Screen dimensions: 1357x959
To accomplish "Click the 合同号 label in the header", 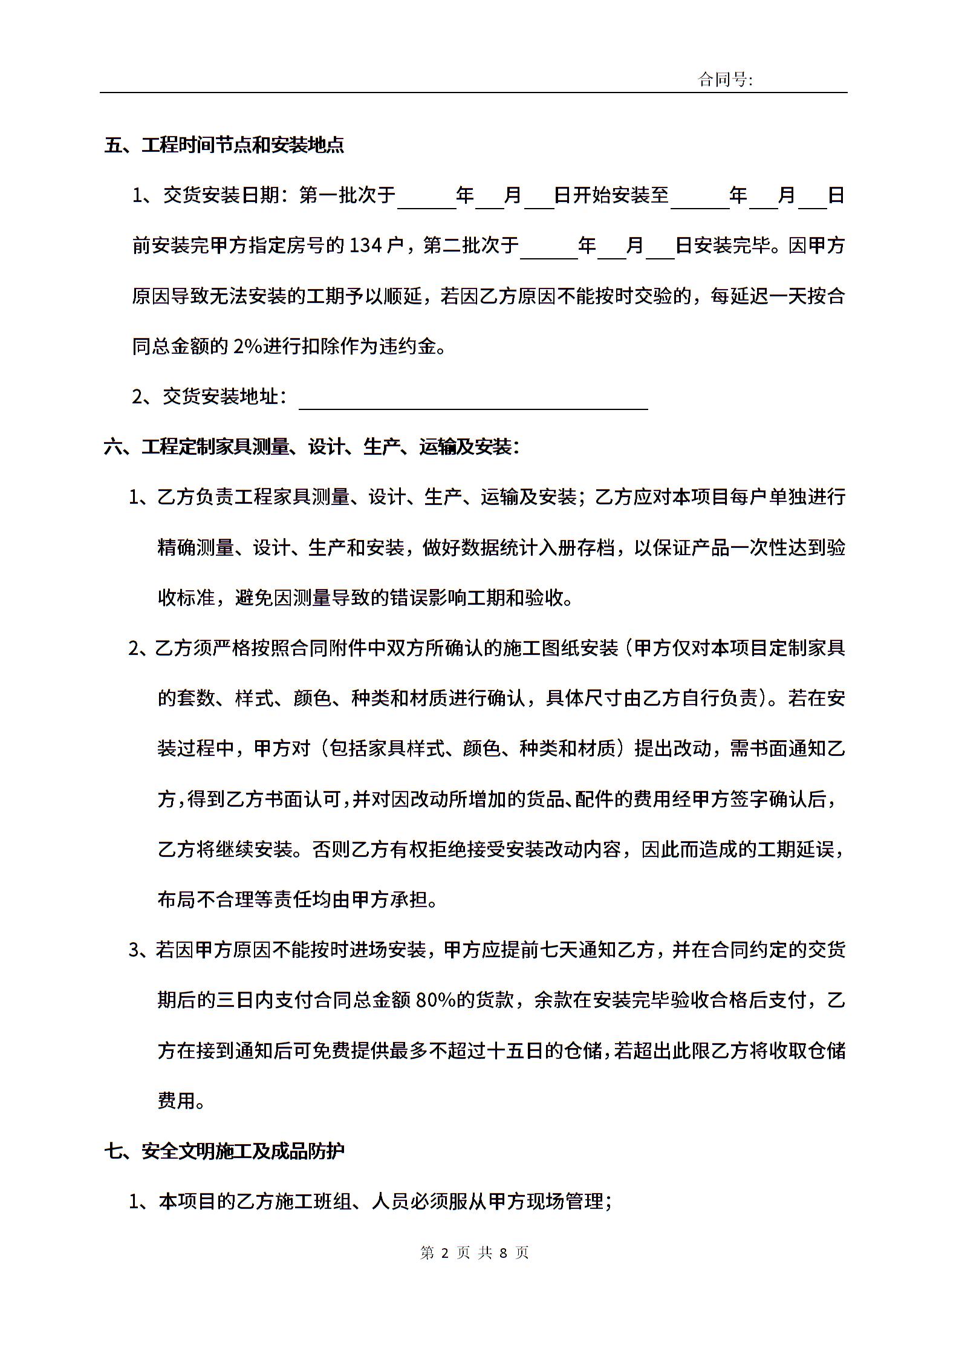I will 725,79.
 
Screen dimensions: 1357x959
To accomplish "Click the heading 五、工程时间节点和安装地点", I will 224,146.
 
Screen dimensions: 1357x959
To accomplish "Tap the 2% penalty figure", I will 246,347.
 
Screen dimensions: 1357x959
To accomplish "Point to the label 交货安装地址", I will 220,397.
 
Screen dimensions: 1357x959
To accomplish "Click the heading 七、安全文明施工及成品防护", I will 224,1151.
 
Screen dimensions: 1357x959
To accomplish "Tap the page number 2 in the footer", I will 445,1252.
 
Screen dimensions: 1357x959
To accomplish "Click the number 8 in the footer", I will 503,1252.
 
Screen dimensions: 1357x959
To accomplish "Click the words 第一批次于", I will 347,195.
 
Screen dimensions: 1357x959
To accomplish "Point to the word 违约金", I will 417,347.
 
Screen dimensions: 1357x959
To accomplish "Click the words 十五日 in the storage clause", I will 515,1050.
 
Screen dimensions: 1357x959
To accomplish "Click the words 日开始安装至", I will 611,195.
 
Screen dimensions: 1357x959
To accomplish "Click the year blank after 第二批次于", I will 549,248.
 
